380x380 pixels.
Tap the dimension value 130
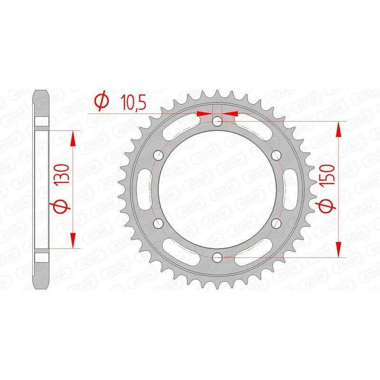point(66,176)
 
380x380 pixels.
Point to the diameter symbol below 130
point(66,207)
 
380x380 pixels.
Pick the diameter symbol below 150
point(332,207)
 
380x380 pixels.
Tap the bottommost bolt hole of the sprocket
point(218,257)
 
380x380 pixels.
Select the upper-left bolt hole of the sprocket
point(158,155)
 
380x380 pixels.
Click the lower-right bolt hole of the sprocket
point(277,223)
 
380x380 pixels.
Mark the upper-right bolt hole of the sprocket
point(277,155)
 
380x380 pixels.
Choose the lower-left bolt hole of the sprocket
point(158,223)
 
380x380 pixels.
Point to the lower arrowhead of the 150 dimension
point(338,250)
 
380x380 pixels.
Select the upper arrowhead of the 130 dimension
point(72,137)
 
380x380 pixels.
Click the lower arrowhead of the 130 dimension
point(72,241)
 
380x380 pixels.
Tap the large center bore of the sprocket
point(218,189)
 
